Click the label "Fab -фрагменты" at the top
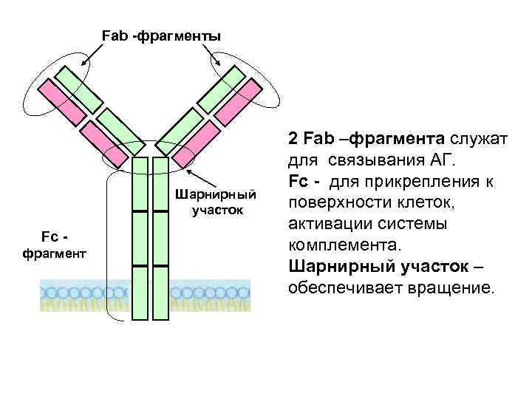[x=160, y=35]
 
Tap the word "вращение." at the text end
[x=449, y=287]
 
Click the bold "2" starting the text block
[x=293, y=138]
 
